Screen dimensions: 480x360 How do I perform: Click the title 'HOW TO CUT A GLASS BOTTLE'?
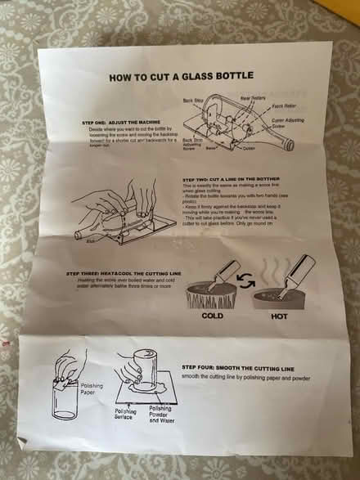(181, 76)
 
